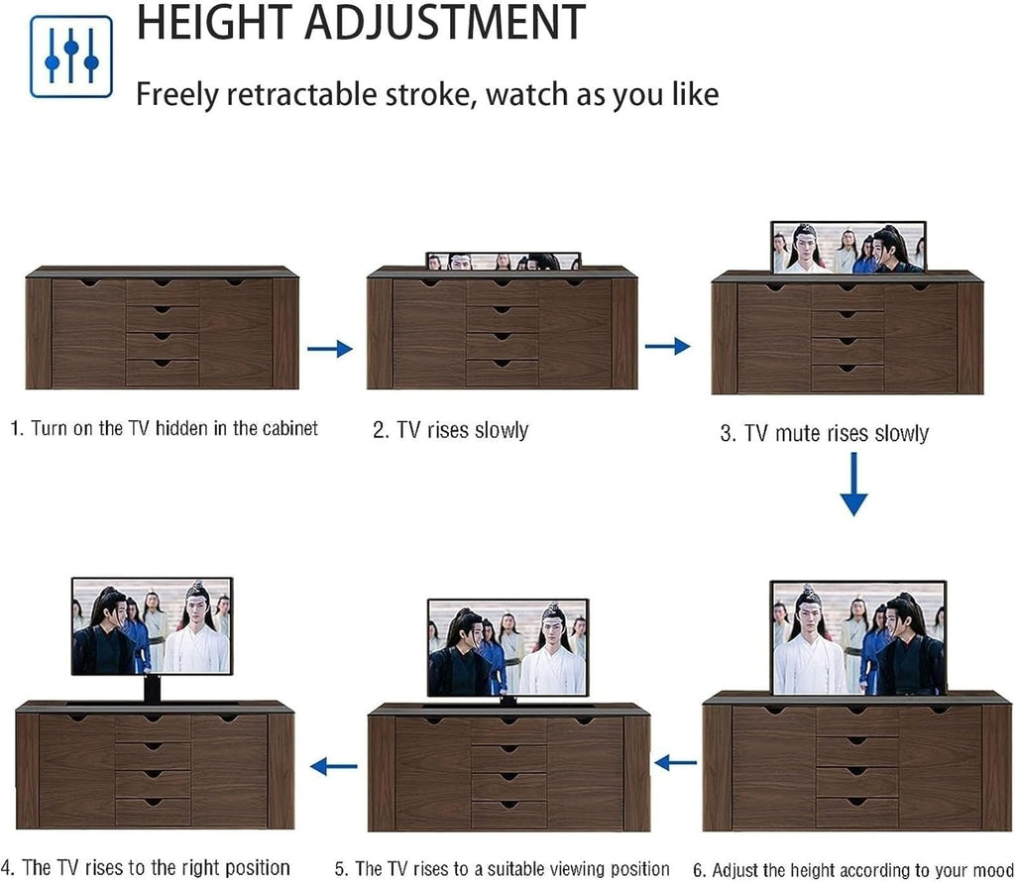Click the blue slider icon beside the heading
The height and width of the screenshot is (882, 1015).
pyautogui.click(x=71, y=56)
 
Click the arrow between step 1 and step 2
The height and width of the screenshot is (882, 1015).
pyautogui.click(x=329, y=349)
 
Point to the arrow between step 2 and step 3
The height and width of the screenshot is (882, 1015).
pyautogui.click(x=667, y=346)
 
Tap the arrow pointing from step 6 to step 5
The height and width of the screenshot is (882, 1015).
pyautogui.click(x=676, y=763)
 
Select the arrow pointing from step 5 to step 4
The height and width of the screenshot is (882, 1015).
pyautogui.click(x=333, y=766)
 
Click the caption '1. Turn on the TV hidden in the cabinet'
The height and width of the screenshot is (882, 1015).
pyautogui.click(x=165, y=429)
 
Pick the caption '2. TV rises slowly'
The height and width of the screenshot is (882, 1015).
pyautogui.click(x=451, y=430)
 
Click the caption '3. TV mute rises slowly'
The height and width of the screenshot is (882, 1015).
pyautogui.click(x=824, y=433)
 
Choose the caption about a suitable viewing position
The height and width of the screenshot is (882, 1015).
pyautogui.click(x=503, y=869)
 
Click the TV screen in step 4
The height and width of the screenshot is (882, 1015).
pyautogui.click(x=152, y=626)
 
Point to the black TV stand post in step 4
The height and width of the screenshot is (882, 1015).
pyautogui.click(x=152, y=689)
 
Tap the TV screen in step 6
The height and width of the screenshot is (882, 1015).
pyautogui.click(x=858, y=638)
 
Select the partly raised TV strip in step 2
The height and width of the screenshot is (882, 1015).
pyautogui.click(x=504, y=262)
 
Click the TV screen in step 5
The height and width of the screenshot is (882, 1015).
pyautogui.click(x=507, y=648)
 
